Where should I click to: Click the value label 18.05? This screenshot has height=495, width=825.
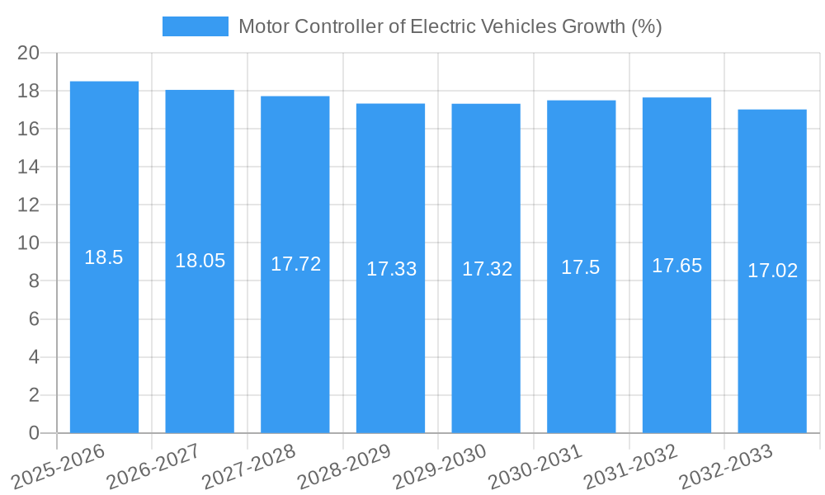point(200,261)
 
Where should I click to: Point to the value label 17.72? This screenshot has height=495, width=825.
point(295,264)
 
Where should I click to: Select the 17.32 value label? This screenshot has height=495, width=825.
point(487,269)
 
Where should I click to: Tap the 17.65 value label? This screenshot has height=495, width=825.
point(676,266)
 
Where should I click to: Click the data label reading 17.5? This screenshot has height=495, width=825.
point(581,267)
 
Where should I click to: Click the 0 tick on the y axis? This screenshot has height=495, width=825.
point(34,433)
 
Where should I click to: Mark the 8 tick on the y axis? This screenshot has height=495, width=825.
point(34,281)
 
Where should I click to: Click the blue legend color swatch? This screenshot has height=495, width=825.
point(196,26)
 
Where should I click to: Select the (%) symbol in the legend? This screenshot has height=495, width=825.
point(646,26)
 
